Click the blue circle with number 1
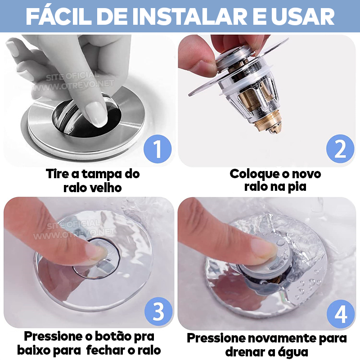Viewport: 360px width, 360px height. (157, 150)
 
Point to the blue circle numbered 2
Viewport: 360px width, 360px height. (340, 150)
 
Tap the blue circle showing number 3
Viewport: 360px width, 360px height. (158, 311)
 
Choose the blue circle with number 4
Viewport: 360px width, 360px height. (341, 314)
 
